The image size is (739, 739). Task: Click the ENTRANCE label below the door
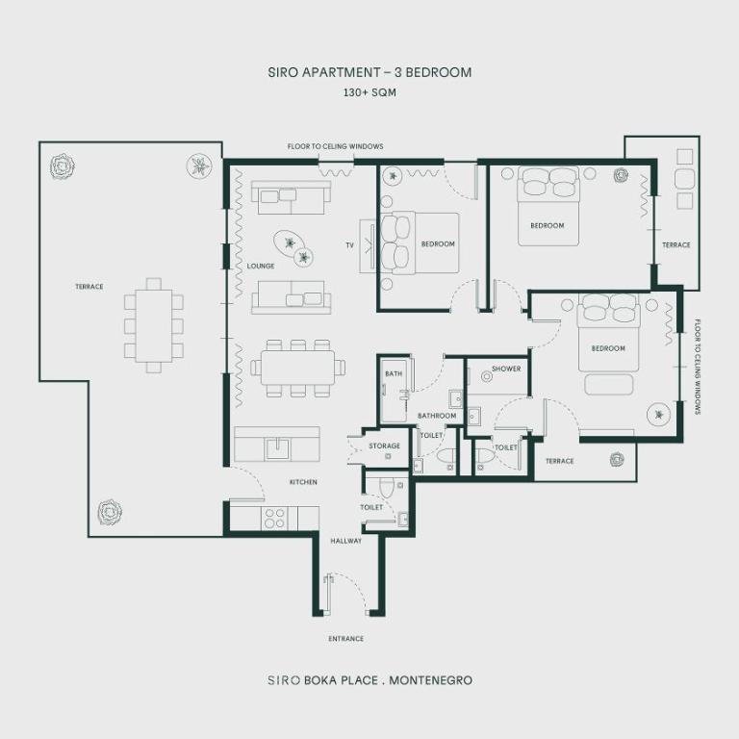345,639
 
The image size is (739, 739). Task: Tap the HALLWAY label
345,541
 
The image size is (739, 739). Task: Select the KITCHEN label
303,482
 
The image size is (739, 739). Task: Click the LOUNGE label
260,267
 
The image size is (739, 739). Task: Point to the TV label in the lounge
349,245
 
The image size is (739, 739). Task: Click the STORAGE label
384,446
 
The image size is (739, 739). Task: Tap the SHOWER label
505,369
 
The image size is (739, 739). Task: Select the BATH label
394,373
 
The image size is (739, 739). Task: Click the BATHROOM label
436,416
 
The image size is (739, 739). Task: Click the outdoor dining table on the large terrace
154,325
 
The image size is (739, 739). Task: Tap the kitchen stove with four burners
274,518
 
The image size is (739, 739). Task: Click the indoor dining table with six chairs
297,366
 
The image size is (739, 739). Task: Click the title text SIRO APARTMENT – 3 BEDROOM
369,72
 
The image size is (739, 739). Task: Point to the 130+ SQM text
369,93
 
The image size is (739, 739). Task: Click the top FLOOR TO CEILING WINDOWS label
335,146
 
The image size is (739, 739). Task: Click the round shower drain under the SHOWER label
487,378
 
